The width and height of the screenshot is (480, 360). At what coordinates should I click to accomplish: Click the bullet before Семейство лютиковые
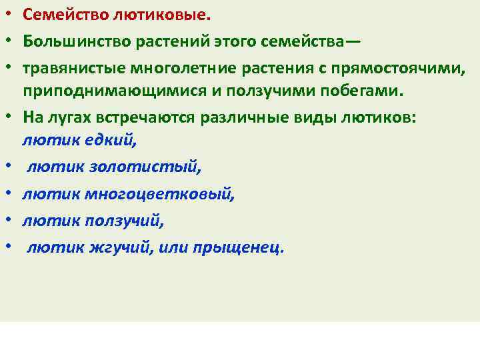11,14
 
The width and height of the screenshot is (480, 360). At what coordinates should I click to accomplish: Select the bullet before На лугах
11,116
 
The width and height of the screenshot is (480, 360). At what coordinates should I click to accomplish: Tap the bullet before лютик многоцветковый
11,193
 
